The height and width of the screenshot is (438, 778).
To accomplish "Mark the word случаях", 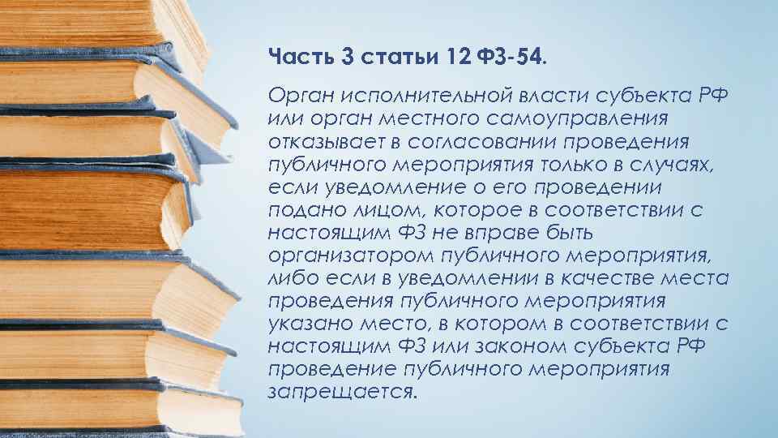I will (686, 165).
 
